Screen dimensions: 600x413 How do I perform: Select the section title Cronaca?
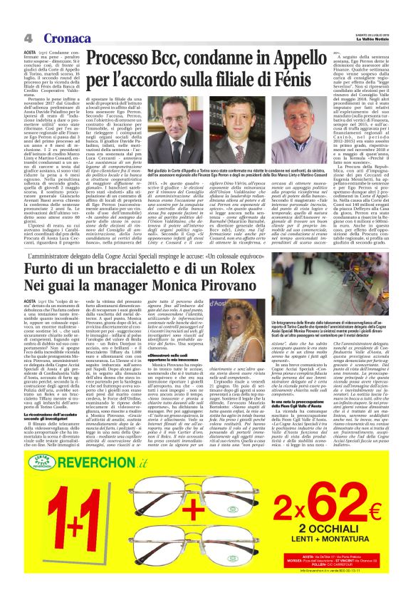tap(64, 37)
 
